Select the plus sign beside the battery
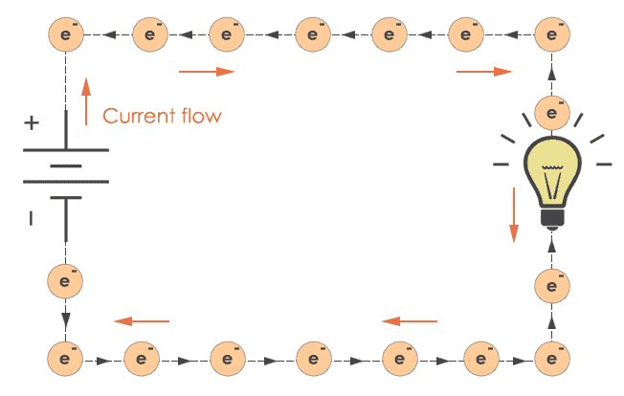pos(33,122)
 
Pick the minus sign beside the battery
pos(32,218)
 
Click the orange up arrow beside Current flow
pos(86,102)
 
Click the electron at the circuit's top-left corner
pos(65,35)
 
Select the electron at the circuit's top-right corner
pos(550,35)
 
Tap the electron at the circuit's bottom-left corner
pos(65,361)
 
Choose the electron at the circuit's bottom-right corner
pos(550,361)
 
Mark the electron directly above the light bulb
pos(550,111)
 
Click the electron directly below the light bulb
pos(550,284)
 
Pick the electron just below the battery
pos(65,281)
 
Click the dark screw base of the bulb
pos(550,217)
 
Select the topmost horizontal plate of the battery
pos(65,149)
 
